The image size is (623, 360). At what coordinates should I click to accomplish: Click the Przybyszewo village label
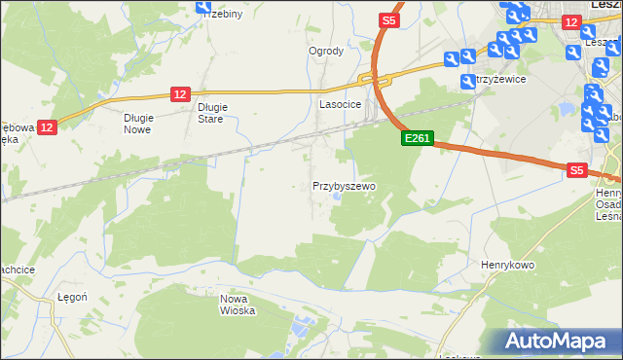(x=344, y=185)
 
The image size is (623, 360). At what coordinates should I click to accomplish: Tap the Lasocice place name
(x=341, y=103)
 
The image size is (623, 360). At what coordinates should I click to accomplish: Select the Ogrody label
(x=326, y=52)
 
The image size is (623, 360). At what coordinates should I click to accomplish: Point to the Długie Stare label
(x=211, y=113)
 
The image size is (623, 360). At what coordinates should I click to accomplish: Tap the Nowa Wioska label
(x=237, y=305)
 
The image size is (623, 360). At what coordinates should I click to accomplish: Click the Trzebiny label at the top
(x=223, y=15)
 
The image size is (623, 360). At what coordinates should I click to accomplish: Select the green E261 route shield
(x=416, y=139)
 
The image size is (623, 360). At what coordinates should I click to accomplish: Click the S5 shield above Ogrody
(x=388, y=20)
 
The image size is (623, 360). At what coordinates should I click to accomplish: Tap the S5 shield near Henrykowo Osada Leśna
(x=577, y=169)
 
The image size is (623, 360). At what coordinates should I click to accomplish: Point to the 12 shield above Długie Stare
(x=179, y=93)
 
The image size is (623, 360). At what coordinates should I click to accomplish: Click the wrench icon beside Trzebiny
(x=203, y=6)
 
